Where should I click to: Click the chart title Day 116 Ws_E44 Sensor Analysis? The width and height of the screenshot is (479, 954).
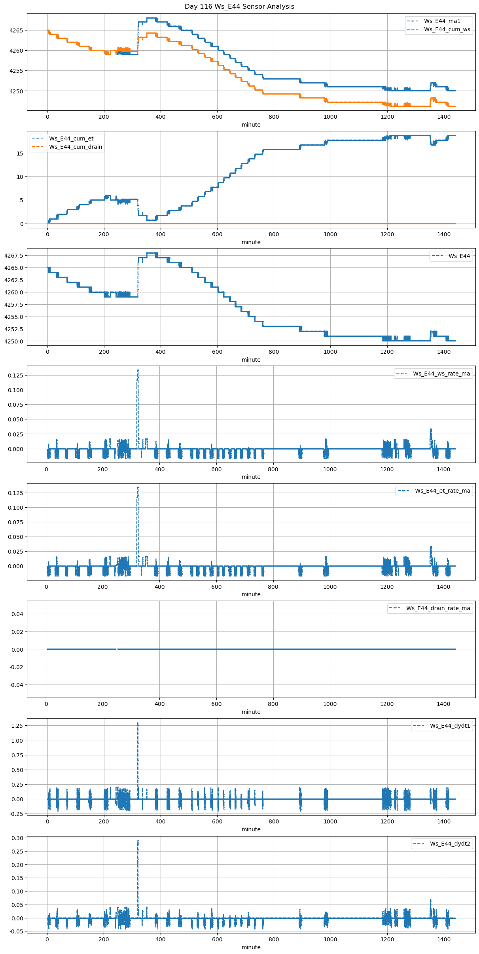(x=239, y=7)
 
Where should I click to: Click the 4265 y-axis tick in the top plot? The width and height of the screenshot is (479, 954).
(x=17, y=30)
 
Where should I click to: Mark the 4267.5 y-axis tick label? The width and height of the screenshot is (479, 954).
(x=14, y=256)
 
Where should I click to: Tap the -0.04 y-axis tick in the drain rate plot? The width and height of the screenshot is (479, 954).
(x=16, y=685)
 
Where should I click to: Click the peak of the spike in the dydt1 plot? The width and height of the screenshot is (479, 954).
(x=138, y=723)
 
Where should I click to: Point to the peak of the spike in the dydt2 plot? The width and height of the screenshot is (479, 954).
(x=138, y=841)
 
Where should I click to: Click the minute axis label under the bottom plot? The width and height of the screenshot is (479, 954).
(x=251, y=947)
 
